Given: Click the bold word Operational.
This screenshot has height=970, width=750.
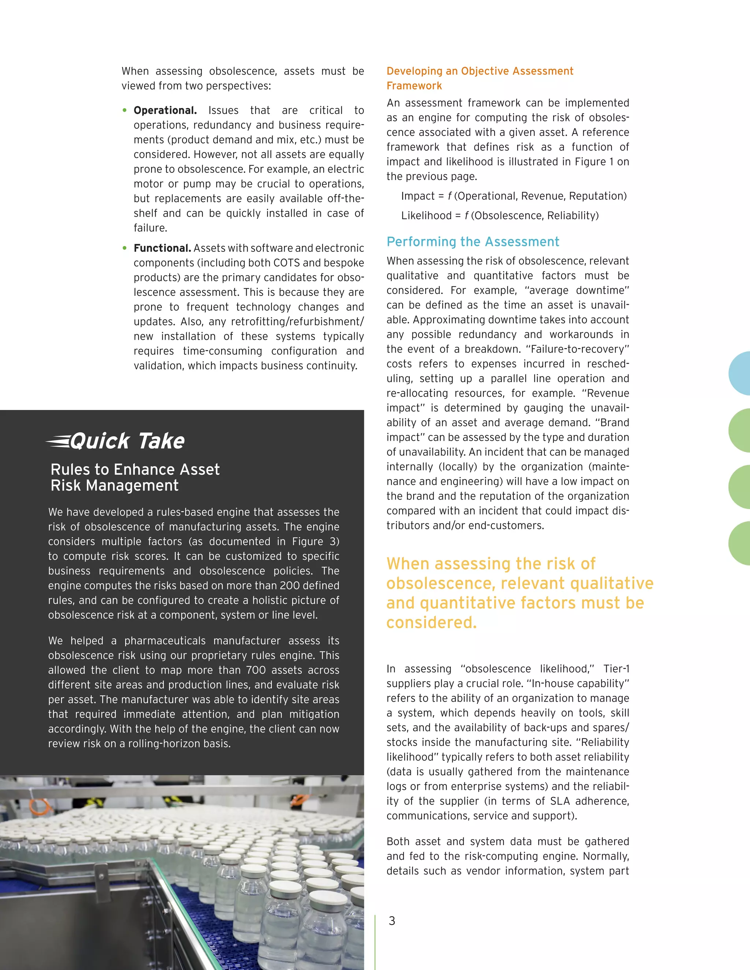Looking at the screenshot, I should click(165, 110).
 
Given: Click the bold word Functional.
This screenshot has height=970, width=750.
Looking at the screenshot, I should click(162, 248).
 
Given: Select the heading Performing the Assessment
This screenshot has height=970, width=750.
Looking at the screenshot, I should click(472, 242).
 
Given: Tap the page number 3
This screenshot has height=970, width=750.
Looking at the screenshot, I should click(391, 921).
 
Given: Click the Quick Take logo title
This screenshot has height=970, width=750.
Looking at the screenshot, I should click(115, 441).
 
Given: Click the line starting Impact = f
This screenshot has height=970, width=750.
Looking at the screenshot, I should click(513, 196).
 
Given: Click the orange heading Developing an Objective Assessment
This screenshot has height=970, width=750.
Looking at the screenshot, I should click(479, 71).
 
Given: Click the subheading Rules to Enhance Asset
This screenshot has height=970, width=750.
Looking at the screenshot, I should click(135, 470).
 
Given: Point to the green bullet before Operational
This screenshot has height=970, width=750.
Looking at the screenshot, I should click(125, 110).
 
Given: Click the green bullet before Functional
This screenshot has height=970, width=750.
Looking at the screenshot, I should click(125, 248).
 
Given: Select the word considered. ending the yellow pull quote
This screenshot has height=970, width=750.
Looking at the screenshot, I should click(431, 622).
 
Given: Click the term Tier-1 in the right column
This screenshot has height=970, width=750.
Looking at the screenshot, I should click(616, 668).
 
